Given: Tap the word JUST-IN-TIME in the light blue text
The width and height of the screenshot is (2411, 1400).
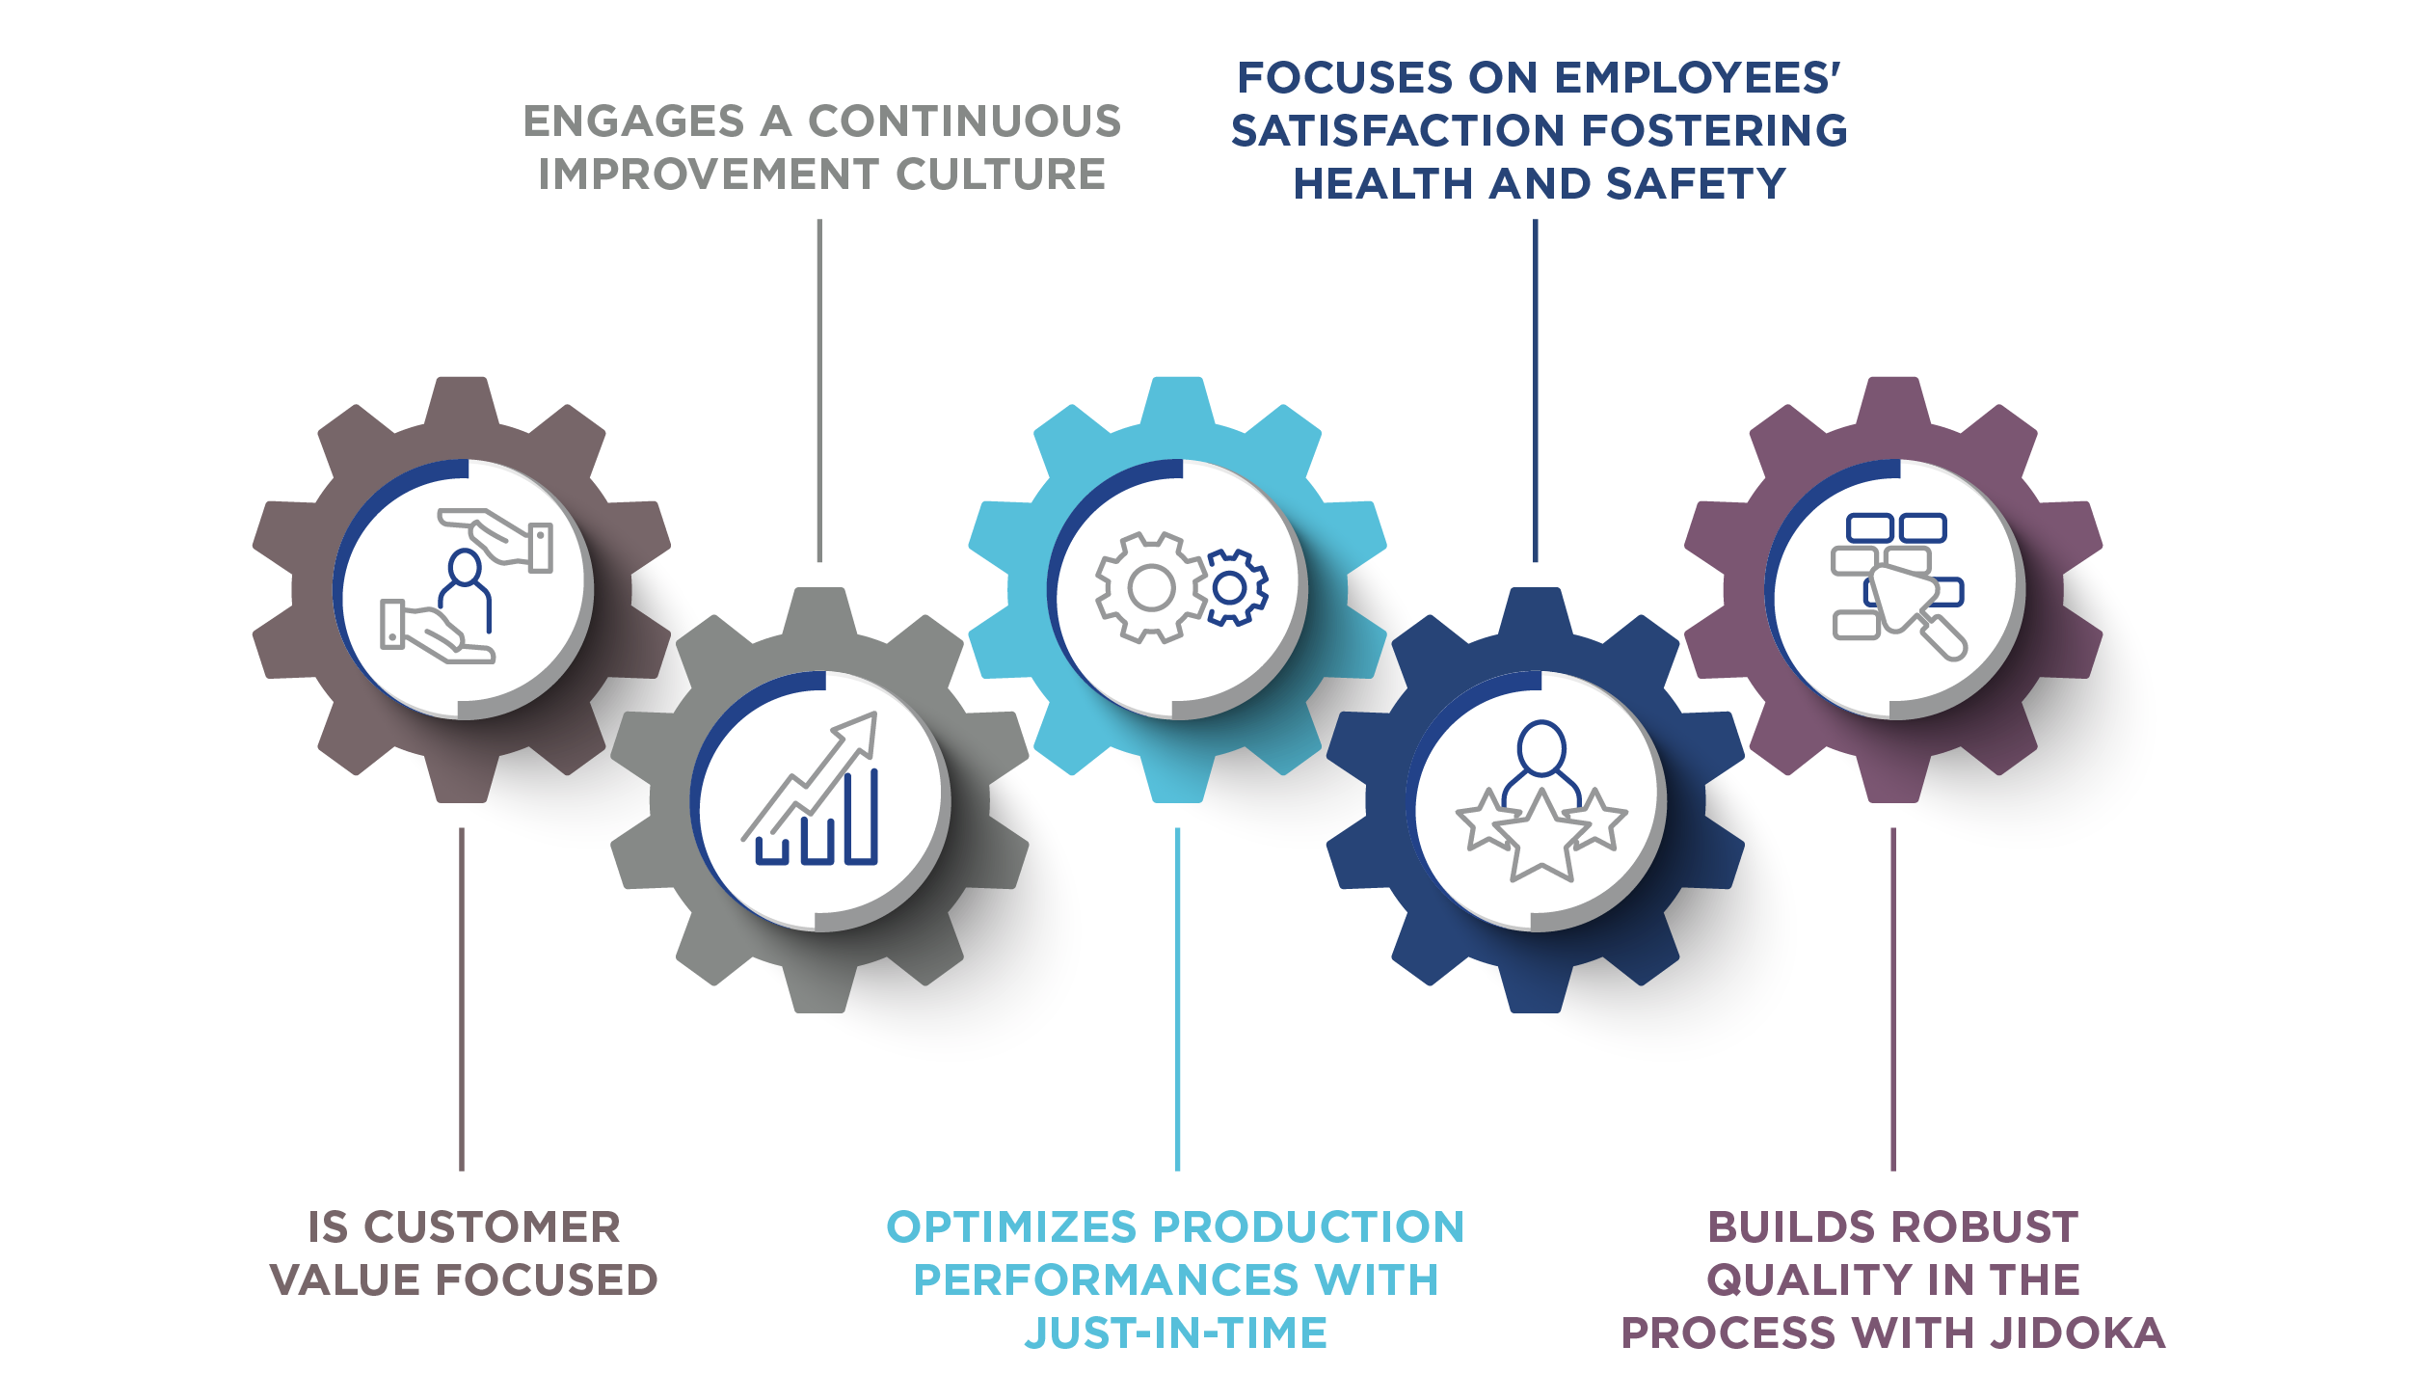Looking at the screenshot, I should [1175, 1333].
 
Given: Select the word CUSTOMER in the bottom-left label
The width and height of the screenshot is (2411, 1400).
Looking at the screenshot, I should [493, 1227].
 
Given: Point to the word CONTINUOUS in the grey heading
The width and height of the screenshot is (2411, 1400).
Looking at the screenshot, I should [964, 121].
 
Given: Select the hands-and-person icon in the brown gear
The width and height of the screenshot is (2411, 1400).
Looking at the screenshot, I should [467, 586].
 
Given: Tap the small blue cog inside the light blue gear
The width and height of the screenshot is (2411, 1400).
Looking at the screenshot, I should [1230, 587].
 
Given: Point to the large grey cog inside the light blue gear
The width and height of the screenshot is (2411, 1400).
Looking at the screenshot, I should [1151, 588].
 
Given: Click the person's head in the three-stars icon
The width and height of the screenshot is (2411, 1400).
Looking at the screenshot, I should [1541, 747].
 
